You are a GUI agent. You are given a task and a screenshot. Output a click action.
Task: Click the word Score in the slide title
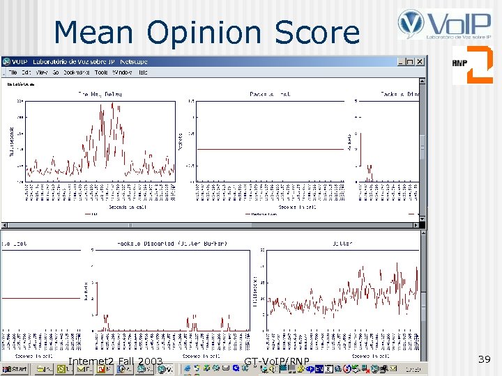click(x=317, y=32)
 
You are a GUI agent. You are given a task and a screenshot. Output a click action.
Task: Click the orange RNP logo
click(x=473, y=65)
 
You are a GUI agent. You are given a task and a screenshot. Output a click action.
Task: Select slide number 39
click(x=485, y=359)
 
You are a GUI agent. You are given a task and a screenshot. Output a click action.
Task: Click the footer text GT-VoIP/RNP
click(x=277, y=361)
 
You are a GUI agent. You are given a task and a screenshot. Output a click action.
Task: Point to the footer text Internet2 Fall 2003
click(x=116, y=361)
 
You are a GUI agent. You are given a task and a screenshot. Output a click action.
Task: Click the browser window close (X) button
click(x=420, y=62)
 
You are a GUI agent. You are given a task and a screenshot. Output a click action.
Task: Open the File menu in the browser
click(x=11, y=72)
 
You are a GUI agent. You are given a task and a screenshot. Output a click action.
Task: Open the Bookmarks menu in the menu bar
click(x=76, y=72)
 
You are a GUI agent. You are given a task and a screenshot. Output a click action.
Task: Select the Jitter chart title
click(x=342, y=244)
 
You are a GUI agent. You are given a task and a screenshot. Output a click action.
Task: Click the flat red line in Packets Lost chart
click(x=271, y=149)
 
